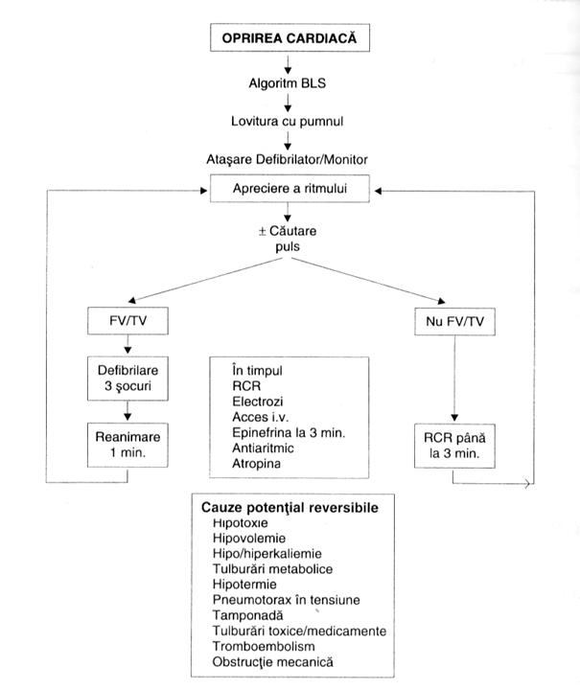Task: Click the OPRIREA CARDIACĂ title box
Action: tap(290, 39)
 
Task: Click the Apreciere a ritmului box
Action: tap(290, 190)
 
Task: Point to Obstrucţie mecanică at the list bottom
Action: tap(276, 663)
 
